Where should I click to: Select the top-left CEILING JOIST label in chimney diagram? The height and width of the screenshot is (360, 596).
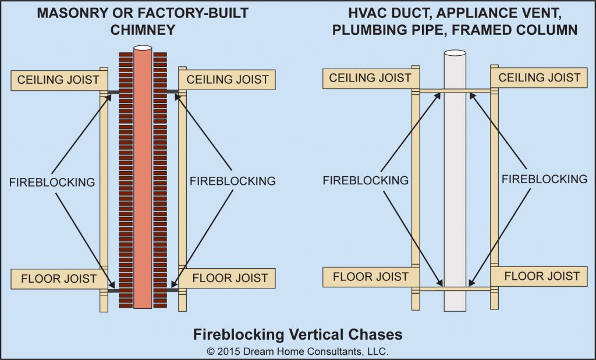(x=58, y=80)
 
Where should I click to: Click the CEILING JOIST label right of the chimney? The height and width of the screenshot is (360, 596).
(x=227, y=80)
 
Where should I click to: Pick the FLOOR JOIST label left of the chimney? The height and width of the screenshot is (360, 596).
(x=59, y=279)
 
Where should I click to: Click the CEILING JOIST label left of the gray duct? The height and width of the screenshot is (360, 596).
(x=370, y=78)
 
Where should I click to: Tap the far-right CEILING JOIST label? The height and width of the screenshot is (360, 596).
(x=539, y=77)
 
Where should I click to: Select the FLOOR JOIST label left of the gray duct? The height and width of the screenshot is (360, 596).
(x=370, y=277)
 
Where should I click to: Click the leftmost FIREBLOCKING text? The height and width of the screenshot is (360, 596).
(x=52, y=182)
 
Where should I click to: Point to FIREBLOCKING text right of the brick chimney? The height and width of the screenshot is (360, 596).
(x=232, y=181)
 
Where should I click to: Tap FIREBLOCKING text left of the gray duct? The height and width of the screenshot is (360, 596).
(x=366, y=180)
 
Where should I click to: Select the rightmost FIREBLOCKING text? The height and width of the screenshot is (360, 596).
(x=544, y=179)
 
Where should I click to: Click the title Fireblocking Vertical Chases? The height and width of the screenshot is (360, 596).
(x=297, y=334)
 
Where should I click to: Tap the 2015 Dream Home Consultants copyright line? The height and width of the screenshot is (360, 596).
(x=297, y=351)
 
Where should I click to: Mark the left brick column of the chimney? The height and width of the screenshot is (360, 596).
(x=125, y=180)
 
